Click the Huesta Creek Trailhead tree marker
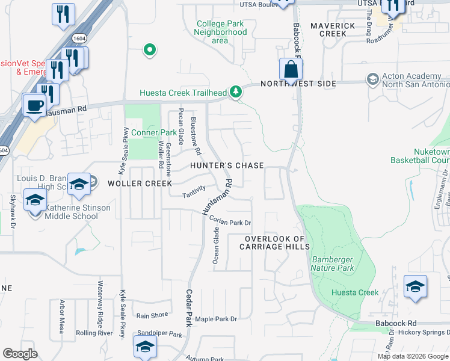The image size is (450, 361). click(236, 92)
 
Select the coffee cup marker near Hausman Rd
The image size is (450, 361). click(34, 105)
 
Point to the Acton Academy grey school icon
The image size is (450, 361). click(372, 79)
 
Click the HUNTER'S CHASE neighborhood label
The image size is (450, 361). click(227, 165)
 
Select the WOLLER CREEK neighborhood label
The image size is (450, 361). click(140, 183)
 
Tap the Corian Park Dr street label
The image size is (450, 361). click(230, 222)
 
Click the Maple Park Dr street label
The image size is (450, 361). click(217, 318)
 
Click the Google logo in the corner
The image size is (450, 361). click(20, 354)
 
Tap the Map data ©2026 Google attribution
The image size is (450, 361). click(413, 356)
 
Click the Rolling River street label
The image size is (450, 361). click(94, 333)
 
